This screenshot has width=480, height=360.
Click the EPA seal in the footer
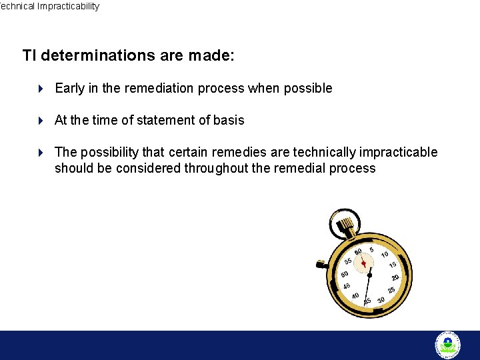[448, 345]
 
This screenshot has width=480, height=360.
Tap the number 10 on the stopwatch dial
[385, 255]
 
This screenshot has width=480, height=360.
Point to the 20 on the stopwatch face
[395, 277]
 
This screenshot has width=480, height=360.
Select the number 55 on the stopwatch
[348, 261]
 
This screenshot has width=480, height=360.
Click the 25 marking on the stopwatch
[391, 290]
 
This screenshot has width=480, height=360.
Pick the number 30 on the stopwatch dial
[381, 300]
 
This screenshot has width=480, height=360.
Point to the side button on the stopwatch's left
[321, 265]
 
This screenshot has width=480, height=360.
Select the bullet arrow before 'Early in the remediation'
[41, 89]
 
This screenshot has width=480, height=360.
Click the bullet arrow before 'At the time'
[41, 121]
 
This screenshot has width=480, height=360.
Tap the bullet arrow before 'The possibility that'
[41, 153]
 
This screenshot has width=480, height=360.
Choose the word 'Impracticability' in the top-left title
[68, 7]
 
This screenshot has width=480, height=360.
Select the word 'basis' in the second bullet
[229, 121]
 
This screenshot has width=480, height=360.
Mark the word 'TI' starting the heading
[29, 55]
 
